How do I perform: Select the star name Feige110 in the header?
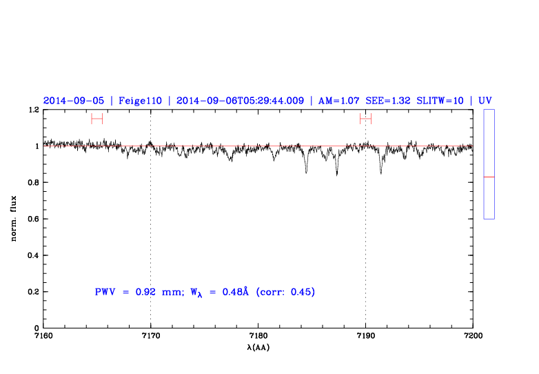(140, 101)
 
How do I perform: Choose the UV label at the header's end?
(485, 101)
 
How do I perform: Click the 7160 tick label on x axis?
(43, 336)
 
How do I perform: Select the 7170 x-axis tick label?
(150, 336)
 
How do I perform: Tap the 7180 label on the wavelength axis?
(258, 336)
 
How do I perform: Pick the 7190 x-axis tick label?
(365, 336)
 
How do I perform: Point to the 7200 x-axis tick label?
(473, 336)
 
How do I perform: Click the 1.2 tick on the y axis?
(33, 110)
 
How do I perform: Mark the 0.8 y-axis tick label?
(33, 183)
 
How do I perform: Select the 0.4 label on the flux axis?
(33, 256)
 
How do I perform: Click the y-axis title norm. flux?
(14, 219)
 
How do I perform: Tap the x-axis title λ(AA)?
(258, 347)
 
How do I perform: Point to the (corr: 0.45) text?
(285, 293)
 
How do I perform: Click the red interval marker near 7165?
(96, 119)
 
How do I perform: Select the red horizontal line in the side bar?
(489, 177)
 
